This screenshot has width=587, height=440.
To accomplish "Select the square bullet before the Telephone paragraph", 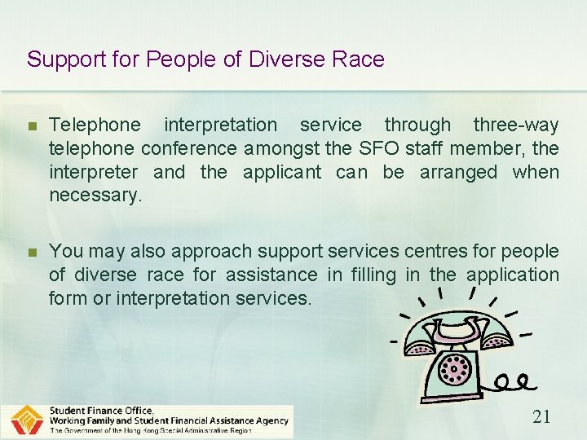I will pyautogui.click(x=32, y=126).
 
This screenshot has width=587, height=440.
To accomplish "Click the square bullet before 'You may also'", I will pyautogui.click(x=32, y=253).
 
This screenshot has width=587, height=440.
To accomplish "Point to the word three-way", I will pyautogui.click(x=516, y=125).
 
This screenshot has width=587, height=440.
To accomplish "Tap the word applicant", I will pyautogui.click(x=280, y=172).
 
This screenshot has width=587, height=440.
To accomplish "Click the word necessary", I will pyautogui.click(x=95, y=196).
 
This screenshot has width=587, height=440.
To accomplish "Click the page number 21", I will pyautogui.click(x=541, y=417).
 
